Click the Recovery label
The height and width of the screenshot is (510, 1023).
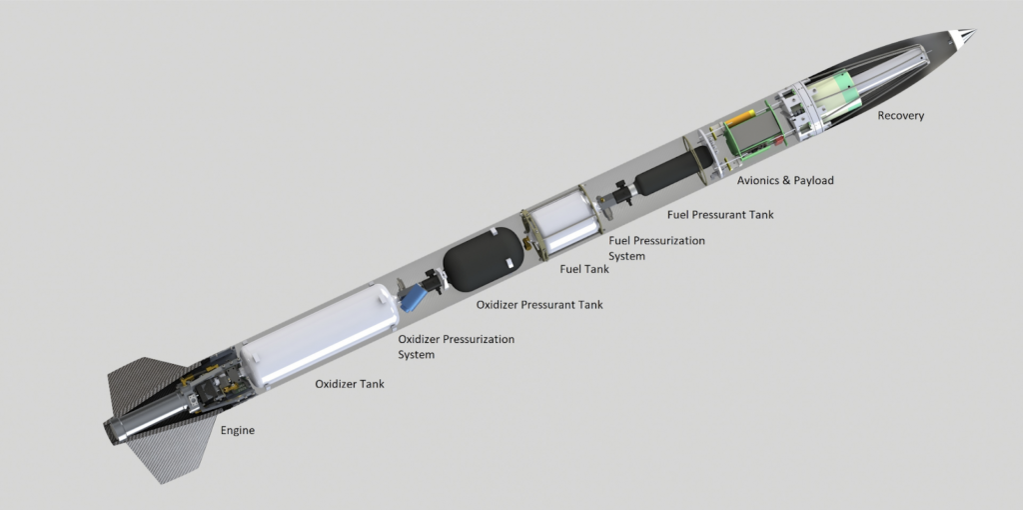tap(900, 116)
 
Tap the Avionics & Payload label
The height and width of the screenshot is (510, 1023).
tap(785, 180)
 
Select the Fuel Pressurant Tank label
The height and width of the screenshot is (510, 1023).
tap(720, 214)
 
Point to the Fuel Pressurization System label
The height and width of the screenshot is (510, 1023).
tap(656, 248)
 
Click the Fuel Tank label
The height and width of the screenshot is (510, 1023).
tap(584, 268)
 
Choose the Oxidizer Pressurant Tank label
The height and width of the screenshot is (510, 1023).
tap(539, 304)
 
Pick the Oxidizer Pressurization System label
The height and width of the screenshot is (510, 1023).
tap(456, 347)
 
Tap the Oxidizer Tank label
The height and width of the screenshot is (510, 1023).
tap(350, 384)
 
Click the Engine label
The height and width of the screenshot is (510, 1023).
tap(238, 431)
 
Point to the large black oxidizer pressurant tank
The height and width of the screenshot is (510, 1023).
tap(485, 260)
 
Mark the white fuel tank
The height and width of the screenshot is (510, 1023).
tap(562, 222)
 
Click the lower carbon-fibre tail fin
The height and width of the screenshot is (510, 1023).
tap(172, 451)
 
